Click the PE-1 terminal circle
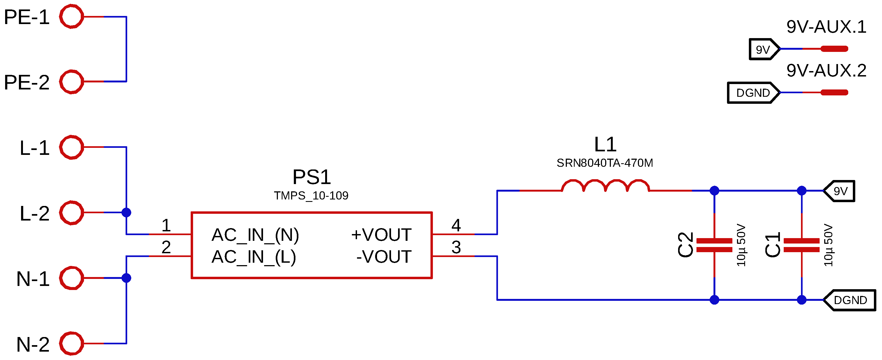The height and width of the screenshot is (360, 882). click(71, 16)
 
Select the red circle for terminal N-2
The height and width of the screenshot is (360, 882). click(71, 343)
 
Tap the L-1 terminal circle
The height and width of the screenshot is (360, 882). click(71, 147)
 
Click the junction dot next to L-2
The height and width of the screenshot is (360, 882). click(126, 213)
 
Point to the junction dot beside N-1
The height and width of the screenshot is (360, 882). click(126, 278)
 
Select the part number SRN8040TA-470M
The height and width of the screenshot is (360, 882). click(605, 163)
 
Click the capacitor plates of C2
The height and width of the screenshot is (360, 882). click(714, 245)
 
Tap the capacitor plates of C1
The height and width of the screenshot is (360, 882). click(802, 245)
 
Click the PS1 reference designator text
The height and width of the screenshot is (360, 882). click(312, 177)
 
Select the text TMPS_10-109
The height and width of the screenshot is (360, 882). click(311, 196)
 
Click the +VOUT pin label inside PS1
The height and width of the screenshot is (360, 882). click(381, 235)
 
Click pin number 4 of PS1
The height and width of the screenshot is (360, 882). click(456, 225)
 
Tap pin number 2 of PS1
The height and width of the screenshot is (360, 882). click(166, 247)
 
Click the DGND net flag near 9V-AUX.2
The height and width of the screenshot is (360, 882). click(753, 92)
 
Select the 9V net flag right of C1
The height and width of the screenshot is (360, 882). click(840, 191)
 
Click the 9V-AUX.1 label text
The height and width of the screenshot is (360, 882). click(826, 27)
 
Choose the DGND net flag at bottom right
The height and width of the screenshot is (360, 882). click(850, 300)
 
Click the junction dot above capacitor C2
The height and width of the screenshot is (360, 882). click(714, 191)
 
